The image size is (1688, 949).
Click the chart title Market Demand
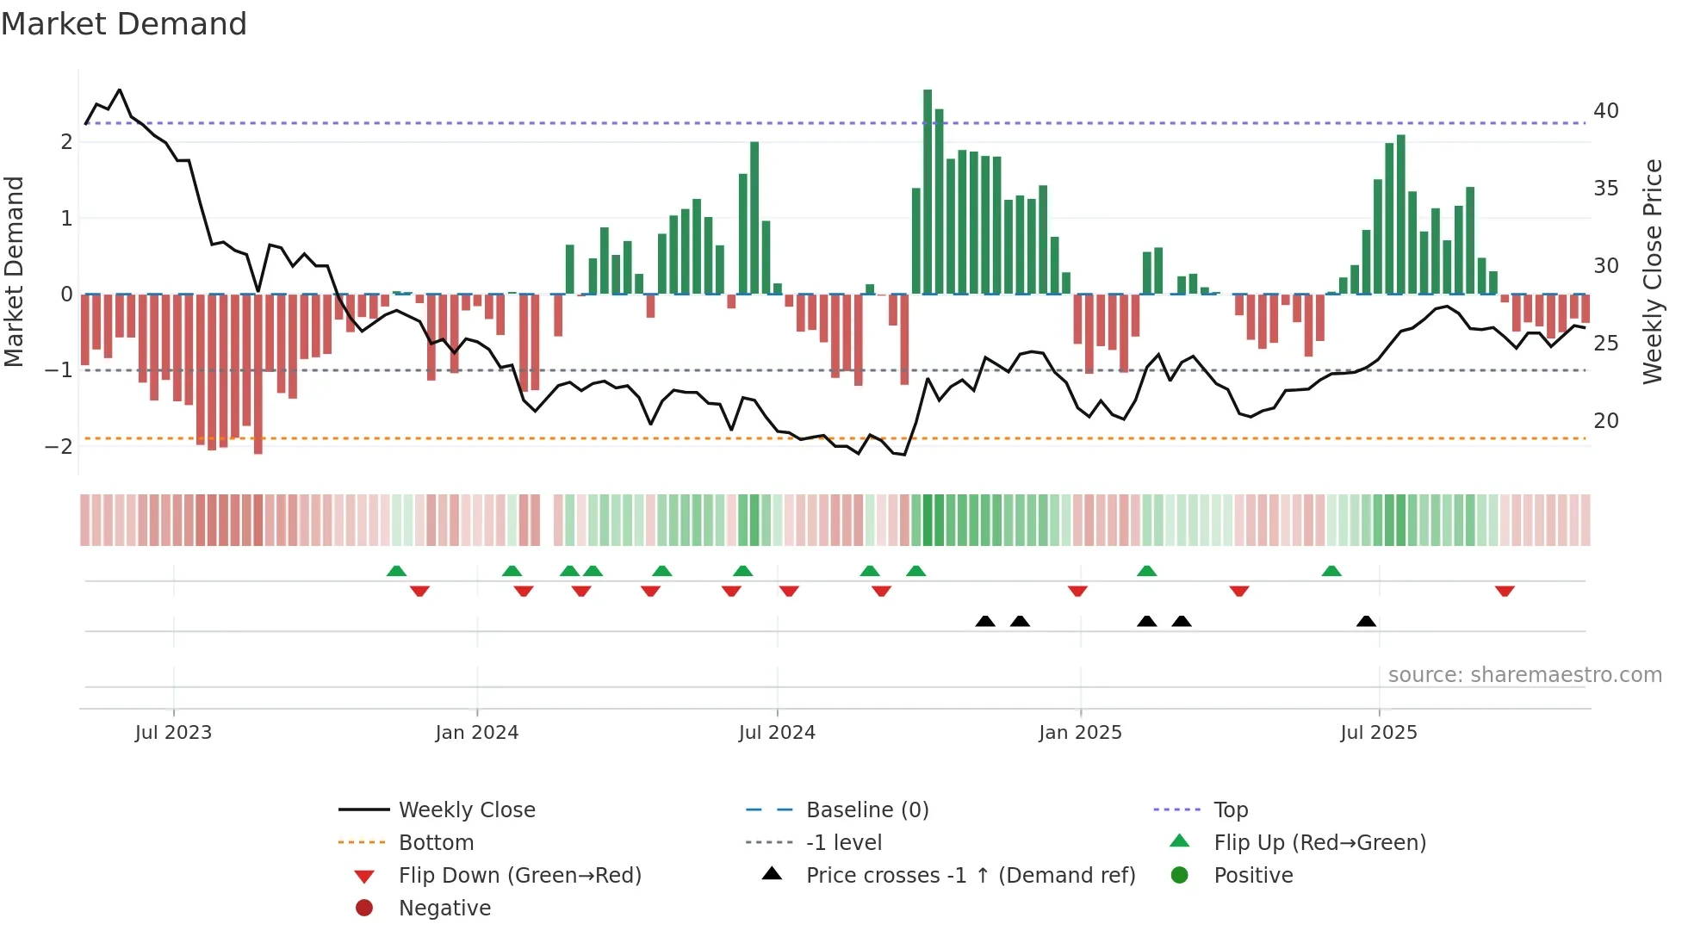[124, 24]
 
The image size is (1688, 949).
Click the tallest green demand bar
[928, 191]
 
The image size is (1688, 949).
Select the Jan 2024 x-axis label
[476, 733]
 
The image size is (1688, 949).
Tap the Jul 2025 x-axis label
[1378, 733]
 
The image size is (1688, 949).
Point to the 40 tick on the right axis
[1605, 111]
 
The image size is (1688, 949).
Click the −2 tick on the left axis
[59, 446]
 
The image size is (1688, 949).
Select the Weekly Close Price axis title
[1652, 271]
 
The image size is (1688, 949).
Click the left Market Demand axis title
[14, 271]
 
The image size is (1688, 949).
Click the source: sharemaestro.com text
[1524, 675]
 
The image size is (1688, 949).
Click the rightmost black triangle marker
[1366, 621]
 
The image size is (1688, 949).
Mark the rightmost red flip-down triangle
[1505, 591]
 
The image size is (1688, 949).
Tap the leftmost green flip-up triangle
[396, 571]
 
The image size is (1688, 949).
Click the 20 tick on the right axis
[1605, 421]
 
